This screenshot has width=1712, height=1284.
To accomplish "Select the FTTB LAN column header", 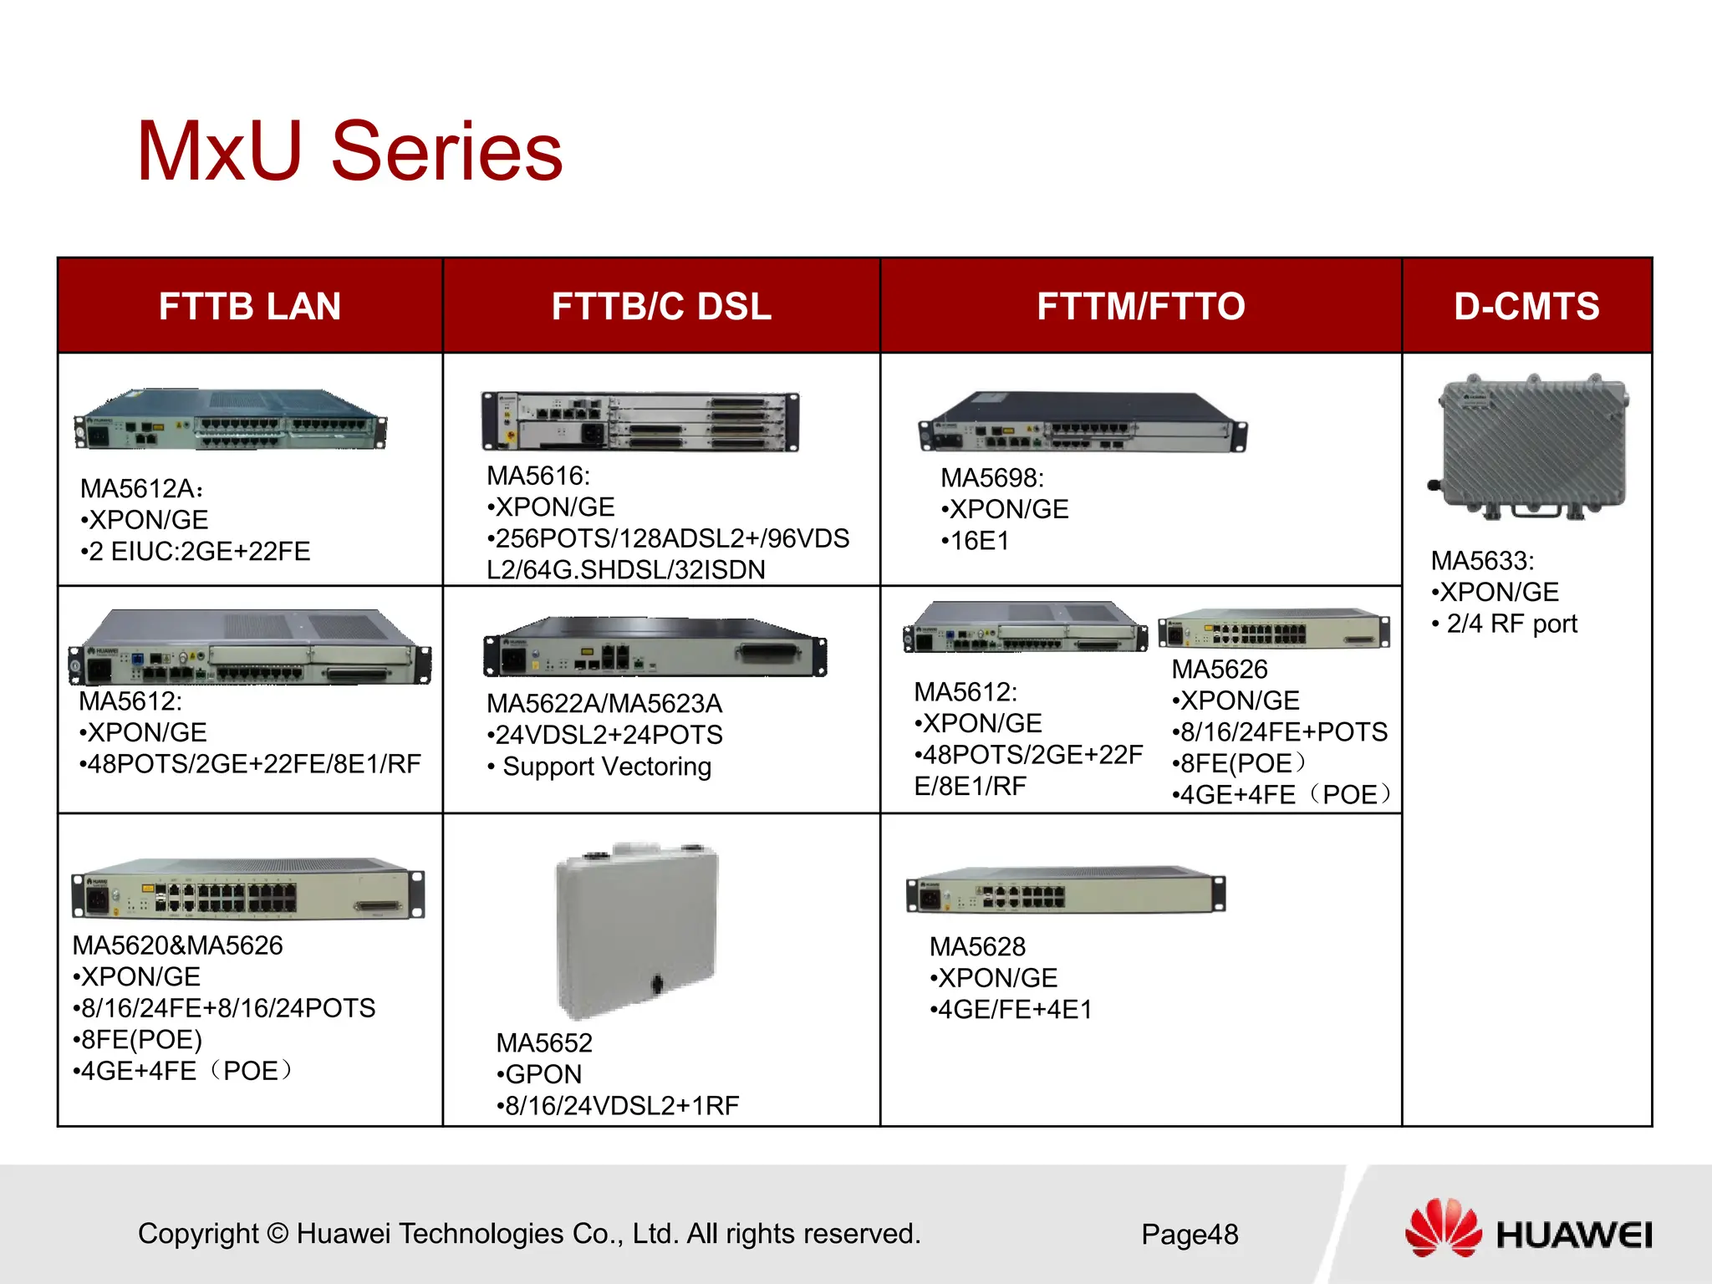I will (250, 306).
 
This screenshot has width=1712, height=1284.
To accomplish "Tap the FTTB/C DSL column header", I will (661, 306).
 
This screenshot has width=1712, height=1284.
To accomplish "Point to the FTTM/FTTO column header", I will (1141, 306).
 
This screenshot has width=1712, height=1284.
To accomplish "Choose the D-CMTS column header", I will (1526, 306).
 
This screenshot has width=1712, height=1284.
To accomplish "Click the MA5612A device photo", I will (231, 420).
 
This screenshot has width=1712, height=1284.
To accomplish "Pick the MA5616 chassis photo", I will (640, 421).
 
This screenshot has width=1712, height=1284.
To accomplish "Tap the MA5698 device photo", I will (1083, 423).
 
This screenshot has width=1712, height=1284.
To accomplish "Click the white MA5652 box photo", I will (638, 930).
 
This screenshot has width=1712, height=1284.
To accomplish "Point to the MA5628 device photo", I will (1066, 891).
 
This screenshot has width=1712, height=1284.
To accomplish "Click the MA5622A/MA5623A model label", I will (604, 704).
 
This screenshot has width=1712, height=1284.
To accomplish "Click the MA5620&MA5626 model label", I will (178, 945).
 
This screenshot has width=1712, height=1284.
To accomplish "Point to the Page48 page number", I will (1190, 1235).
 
